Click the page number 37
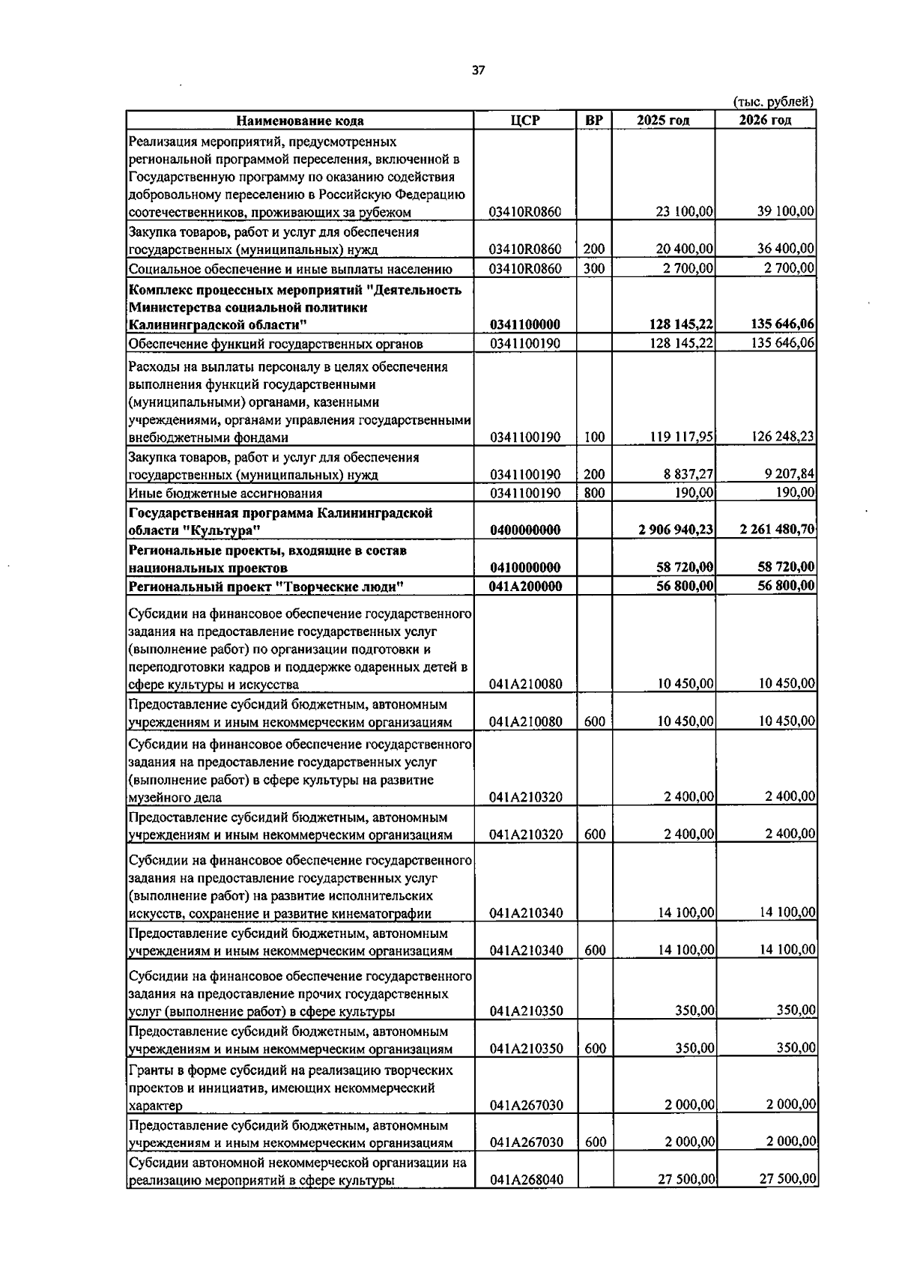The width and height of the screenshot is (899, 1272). tap(478, 70)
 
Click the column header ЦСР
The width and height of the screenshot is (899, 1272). tap(524, 121)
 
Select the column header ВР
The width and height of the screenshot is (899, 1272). tap(594, 121)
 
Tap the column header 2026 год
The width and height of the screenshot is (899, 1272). tap(765, 121)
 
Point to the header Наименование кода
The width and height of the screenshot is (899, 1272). tap(300, 121)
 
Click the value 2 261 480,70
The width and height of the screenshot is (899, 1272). tap(777, 530)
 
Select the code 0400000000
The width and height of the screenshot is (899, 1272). tap(524, 530)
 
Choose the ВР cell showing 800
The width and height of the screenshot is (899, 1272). tap(594, 493)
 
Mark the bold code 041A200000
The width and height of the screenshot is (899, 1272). tap(524, 586)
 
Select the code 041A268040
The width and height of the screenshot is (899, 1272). tap(525, 1180)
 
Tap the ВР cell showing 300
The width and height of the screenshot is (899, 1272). tap(594, 268)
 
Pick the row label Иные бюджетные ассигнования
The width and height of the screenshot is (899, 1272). tap(225, 493)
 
